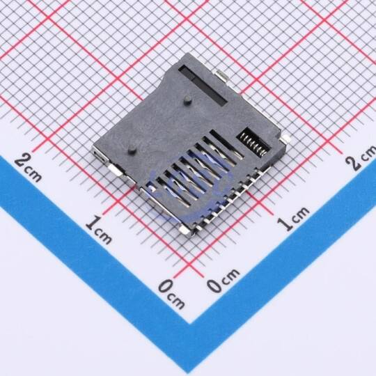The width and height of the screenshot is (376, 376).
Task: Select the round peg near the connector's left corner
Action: [132, 150]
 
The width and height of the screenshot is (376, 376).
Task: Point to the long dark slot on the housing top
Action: [203, 85]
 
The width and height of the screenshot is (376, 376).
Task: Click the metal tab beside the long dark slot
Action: [222, 76]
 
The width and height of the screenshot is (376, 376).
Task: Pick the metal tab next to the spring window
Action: [286, 139]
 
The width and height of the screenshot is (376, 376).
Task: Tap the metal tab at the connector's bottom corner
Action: [185, 230]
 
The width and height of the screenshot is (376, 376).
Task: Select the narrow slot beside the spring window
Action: [226, 145]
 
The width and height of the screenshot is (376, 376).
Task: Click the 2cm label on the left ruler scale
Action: [29, 169]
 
